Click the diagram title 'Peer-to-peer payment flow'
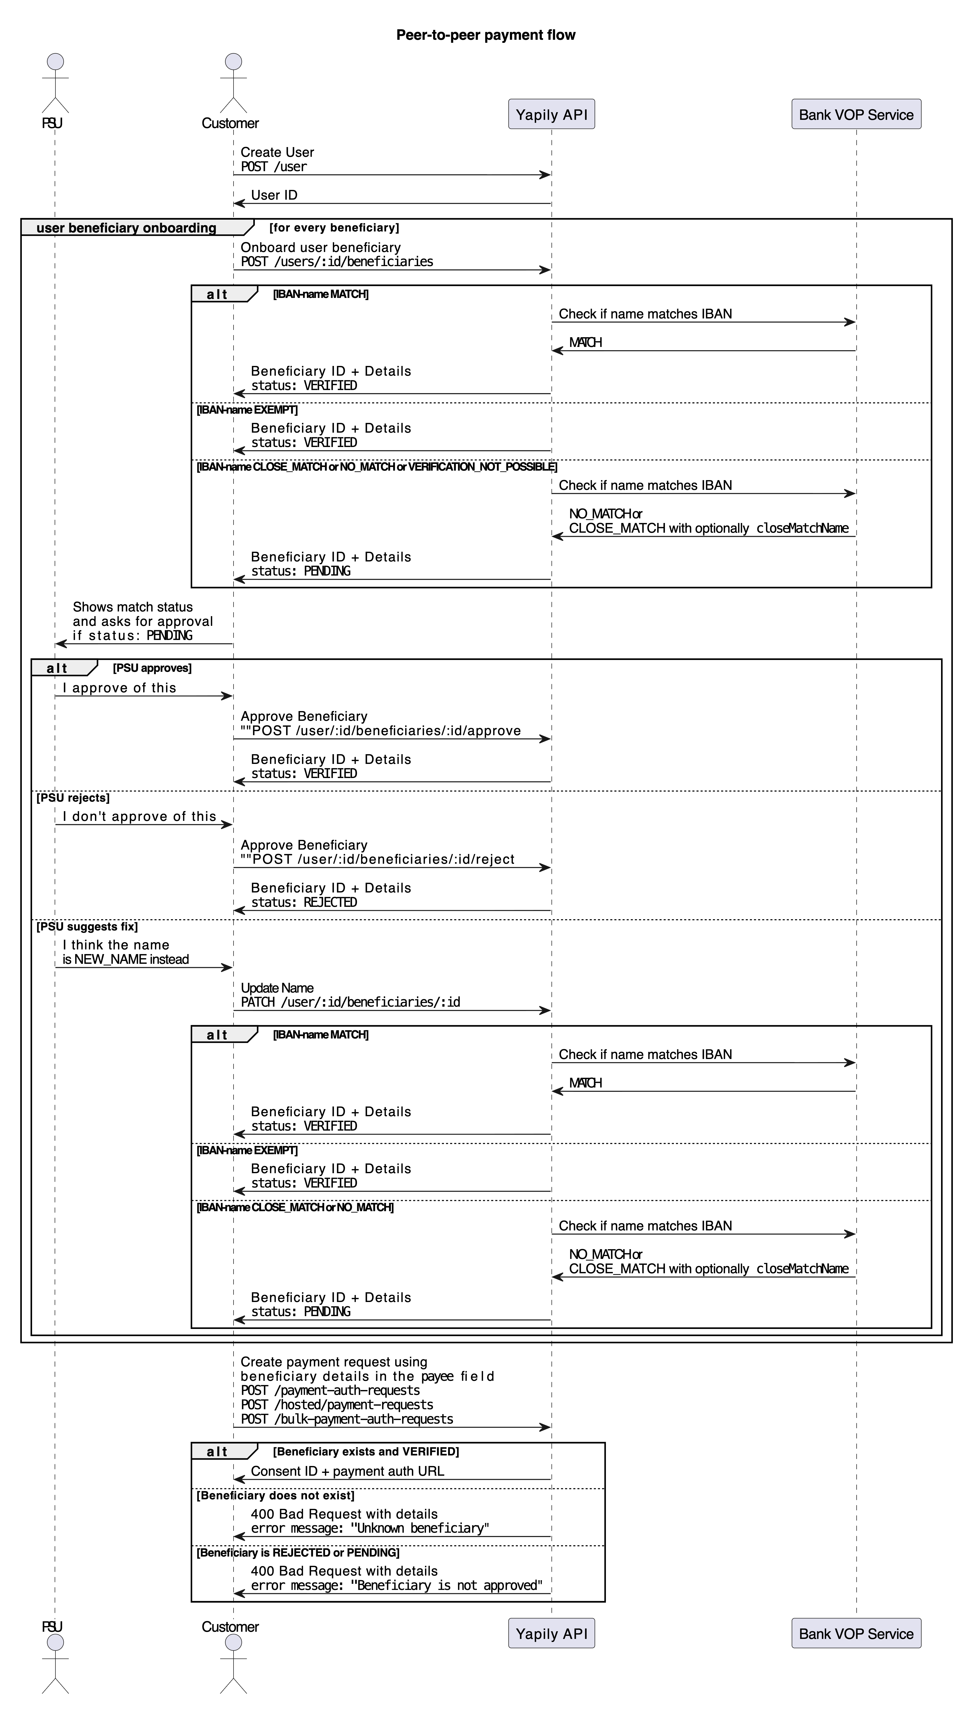tap(485, 35)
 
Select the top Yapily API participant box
tap(551, 114)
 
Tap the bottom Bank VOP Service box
tap(856, 1633)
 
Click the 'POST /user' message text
tap(274, 167)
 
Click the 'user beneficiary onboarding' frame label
tap(126, 228)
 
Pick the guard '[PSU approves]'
tap(152, 668)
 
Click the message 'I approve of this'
tap(120, 688)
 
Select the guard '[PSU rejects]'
tap(73, 798)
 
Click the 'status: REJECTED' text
tap(304, 902)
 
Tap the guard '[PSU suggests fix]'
tap(87, 926)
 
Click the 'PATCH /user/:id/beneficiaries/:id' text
tap(350, 1002)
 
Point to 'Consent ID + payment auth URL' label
tap(347, 1471)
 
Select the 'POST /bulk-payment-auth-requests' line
tap(347, 1419)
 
